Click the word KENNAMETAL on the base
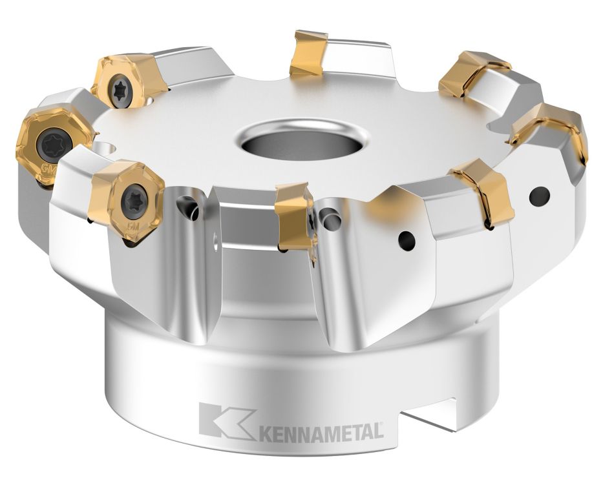click(x=321, y=431)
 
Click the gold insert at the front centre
click(x=294, y=216)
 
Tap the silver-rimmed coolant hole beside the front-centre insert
click(x=332, y=222)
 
